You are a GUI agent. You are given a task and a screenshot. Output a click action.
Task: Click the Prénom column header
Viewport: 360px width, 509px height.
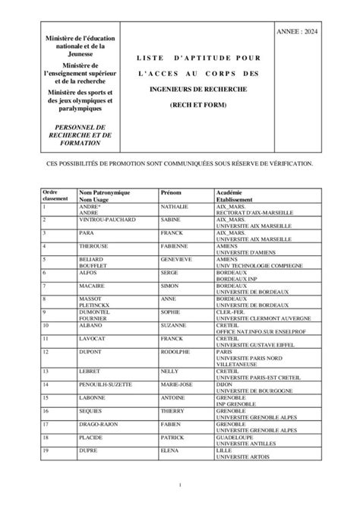[x=171, y=193]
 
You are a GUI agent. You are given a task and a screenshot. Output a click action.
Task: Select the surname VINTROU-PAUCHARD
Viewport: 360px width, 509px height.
[x=107, y=220]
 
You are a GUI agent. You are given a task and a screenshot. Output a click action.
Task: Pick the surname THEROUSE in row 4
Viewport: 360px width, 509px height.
[x=96, y=246]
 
